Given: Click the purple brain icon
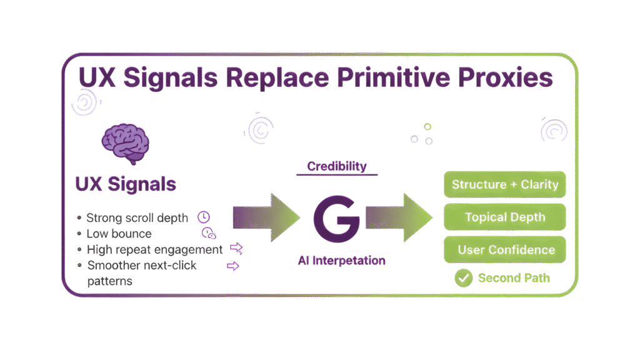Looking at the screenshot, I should [x=125, y=144].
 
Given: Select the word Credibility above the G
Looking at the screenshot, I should [x=337, y=166].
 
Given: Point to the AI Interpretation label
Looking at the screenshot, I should [x=341, y=261].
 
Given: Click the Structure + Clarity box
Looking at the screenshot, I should [x=504, y=184].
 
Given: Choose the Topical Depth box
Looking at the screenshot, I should [x=504, y=217].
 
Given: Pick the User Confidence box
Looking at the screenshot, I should [x=504, y=250].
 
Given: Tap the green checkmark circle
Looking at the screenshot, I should [x=464, y=278].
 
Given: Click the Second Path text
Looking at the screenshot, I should [x=514, y=278].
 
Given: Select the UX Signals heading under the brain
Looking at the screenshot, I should [x=125, y=184].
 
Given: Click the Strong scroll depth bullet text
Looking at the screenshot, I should [x=137, y=218].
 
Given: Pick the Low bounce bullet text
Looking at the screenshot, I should [x=119, y=234].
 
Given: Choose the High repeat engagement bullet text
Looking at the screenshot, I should [x=154, y=250].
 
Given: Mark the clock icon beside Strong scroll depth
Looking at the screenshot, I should [x=203, y=217].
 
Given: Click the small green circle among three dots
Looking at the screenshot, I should [x=427, y=127].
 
